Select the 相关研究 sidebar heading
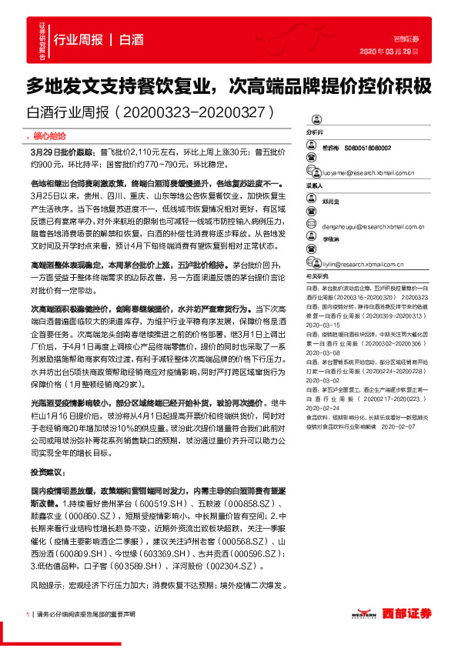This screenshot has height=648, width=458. pos(318,275)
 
